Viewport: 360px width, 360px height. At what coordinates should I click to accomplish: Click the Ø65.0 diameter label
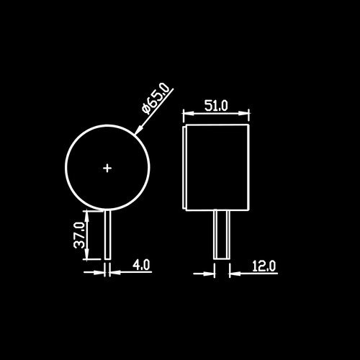(x=155, y=98)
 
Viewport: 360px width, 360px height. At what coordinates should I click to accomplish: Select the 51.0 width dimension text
(x=216, y=106)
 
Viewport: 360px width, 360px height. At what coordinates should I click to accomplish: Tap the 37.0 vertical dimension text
(x=80, y=235)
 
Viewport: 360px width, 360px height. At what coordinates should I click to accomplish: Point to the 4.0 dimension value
(x=142, y=265)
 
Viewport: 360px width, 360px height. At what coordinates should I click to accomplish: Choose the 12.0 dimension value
(x=264, y=266)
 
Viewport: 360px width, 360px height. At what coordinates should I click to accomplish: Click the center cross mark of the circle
(x=107, y=168)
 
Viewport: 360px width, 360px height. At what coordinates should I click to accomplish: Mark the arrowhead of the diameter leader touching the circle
(x=139, y=130)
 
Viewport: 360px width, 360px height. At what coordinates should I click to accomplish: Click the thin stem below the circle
(x=108, y=235)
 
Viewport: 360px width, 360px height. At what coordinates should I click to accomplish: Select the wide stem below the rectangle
(x=222, y=234)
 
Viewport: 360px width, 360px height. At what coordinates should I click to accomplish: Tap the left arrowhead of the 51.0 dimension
(x=189, y=113)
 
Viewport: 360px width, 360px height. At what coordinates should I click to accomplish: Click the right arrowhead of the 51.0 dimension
(x=243, y=113)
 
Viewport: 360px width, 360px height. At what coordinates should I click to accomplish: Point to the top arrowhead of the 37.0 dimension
(x=87, y=216)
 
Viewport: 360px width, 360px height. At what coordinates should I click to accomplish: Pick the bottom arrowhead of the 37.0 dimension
(x=87, y=254)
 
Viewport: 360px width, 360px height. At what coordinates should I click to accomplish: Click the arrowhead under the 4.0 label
(x=115, y=272)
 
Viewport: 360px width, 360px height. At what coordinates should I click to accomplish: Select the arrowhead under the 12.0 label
(x=235, y=274)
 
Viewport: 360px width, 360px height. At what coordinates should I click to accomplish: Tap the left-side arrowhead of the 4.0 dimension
(x=99, y=272)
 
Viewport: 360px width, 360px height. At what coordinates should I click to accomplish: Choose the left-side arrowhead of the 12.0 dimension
(x=208, y=274)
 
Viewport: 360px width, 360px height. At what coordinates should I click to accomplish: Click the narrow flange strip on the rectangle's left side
(x=184, y=167)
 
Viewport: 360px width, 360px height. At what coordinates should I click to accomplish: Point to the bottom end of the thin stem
(x=108, y=259)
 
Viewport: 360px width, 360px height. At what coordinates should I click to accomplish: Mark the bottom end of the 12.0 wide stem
(x=222, y=259)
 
